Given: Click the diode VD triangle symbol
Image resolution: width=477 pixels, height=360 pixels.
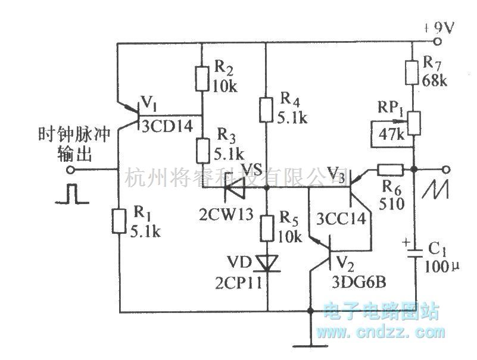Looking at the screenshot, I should (266, 262).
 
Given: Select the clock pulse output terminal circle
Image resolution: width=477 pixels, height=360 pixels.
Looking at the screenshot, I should (72, 170).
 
